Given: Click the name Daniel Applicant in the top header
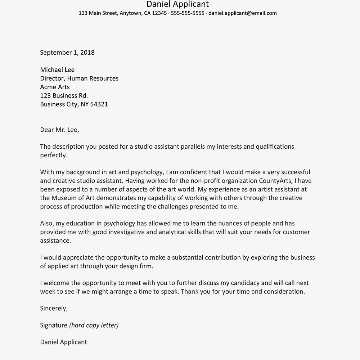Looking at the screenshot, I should coord(177,4).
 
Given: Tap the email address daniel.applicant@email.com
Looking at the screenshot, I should coord(243,13).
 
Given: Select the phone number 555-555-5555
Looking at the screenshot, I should coord(188,13).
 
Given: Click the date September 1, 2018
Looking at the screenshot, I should coord(67,53).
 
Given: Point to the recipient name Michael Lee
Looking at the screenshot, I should coord(57,70).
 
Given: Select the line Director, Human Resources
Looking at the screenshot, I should coord(79,78).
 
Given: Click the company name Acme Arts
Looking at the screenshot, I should coord(55,87).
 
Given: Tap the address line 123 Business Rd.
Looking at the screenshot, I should coord(64,96).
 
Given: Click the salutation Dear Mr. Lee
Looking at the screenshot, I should coord(59,130).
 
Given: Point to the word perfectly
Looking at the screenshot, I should coord(54,156).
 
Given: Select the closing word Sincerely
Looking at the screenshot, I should coord(54,309).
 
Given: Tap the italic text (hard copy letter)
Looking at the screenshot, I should coord(94,325).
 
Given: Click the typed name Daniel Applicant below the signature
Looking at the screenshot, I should coord(63,342).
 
